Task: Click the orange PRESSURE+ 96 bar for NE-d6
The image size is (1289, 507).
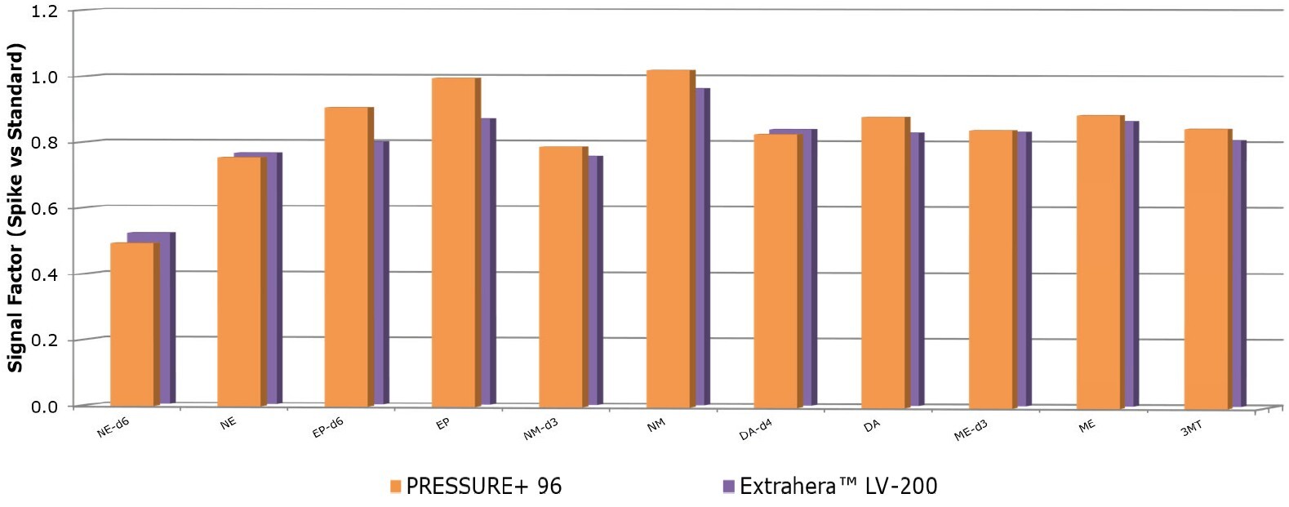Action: [x=131, y=324]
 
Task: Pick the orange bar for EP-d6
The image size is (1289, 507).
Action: [x=346, y=256]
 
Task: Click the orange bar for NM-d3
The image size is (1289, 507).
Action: [x=561, y=277]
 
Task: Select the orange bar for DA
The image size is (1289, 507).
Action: [x=882, y=262]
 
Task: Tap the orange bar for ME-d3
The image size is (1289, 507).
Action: [x=990, y=269]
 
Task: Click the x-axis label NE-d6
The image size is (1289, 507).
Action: [x=113, y=428]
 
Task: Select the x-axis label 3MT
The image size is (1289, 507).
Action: [x=1191, y=428]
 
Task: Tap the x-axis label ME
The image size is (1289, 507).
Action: [x=1087, y=425]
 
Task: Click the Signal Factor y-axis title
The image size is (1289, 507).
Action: [x=15, y=208]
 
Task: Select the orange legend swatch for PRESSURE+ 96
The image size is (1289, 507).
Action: [x=395, y=487]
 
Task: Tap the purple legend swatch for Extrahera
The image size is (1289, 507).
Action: [x=728, y=487]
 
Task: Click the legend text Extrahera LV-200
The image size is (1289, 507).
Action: [x=838, y=487]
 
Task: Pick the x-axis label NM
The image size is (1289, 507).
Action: [x=656, y=425]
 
